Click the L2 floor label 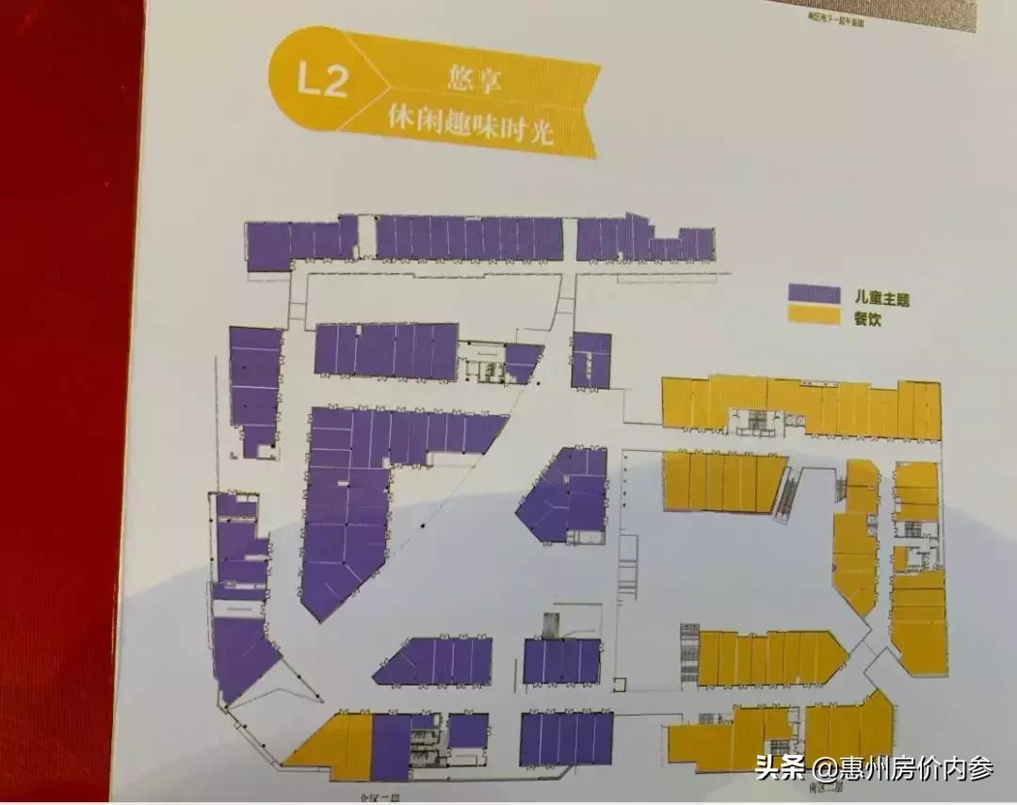click(x=322, y=80)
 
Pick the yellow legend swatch click(x=814, y=317)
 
